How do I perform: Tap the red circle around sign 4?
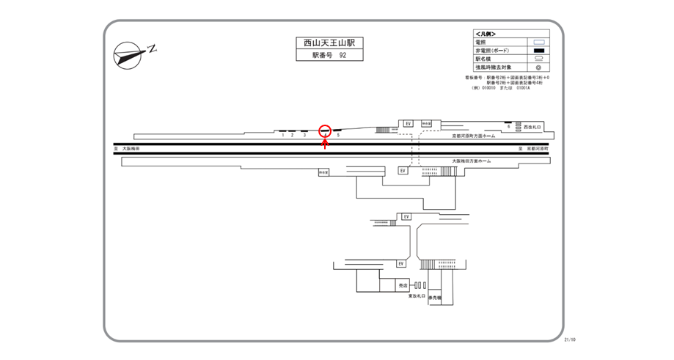(325, 131)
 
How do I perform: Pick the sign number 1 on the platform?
(282, 136)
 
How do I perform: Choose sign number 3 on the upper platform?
(304, 136)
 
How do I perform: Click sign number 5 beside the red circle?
(338, 136)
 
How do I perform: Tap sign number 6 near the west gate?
(508, 127)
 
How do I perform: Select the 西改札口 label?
(531, 127)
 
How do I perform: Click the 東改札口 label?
(417, 296)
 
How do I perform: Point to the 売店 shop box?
(403, 284)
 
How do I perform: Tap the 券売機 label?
(434, 298)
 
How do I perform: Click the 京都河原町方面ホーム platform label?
(474, 136)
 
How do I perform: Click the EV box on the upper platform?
(409, 124)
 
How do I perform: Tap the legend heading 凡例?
(486, 34)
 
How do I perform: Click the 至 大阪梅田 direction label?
(127, 148)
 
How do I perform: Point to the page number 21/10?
(570, 339)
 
